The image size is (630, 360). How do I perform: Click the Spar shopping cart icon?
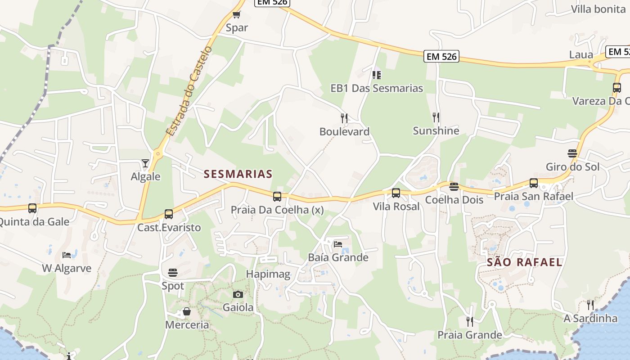click(237, 14)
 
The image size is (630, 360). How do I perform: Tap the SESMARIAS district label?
click(238, 174)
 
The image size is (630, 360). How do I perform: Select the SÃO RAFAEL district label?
click(525, 262)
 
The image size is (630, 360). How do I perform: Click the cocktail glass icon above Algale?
click(145, 163)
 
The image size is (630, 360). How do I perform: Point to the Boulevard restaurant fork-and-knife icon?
click(344, 118)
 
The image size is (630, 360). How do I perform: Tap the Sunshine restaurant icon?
click(436, 117)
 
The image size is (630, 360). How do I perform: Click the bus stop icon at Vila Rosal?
click(396, 193)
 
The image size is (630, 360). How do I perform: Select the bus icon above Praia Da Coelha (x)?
click(277, 196)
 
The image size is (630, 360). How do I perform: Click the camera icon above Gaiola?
click(238, 294)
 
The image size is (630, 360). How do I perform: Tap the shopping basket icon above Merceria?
click(186, 311)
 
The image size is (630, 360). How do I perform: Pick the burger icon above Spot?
click(173, 272)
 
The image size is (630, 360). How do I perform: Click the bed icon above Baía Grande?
click(338, 244)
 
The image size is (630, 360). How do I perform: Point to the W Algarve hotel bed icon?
click(67, 255)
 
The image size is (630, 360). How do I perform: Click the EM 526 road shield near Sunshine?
click(441, 56)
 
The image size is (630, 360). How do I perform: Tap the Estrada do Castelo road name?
click(189, 91)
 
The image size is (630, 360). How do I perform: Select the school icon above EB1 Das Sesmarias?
click(377, 75)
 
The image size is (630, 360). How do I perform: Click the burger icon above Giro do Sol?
click(572, 153)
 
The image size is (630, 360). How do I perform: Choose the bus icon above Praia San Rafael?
click(534, 183)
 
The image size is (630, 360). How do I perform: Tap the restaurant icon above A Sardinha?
click(590, 305)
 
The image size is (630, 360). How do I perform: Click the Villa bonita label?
click(598, 9)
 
